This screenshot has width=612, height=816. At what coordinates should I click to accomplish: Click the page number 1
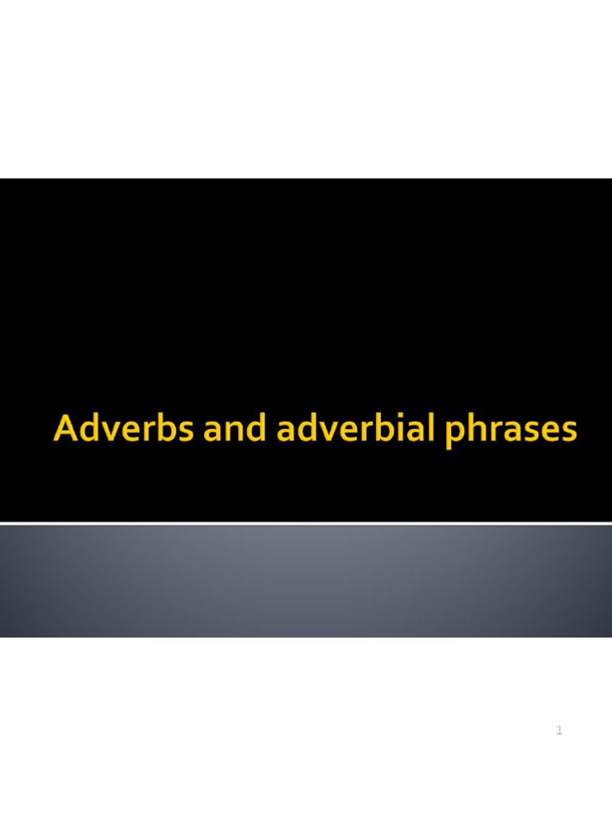pyautogui.click(x=559, y=729)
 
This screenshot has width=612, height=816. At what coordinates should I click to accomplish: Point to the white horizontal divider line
pyautogui.click(x=306, y=523)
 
